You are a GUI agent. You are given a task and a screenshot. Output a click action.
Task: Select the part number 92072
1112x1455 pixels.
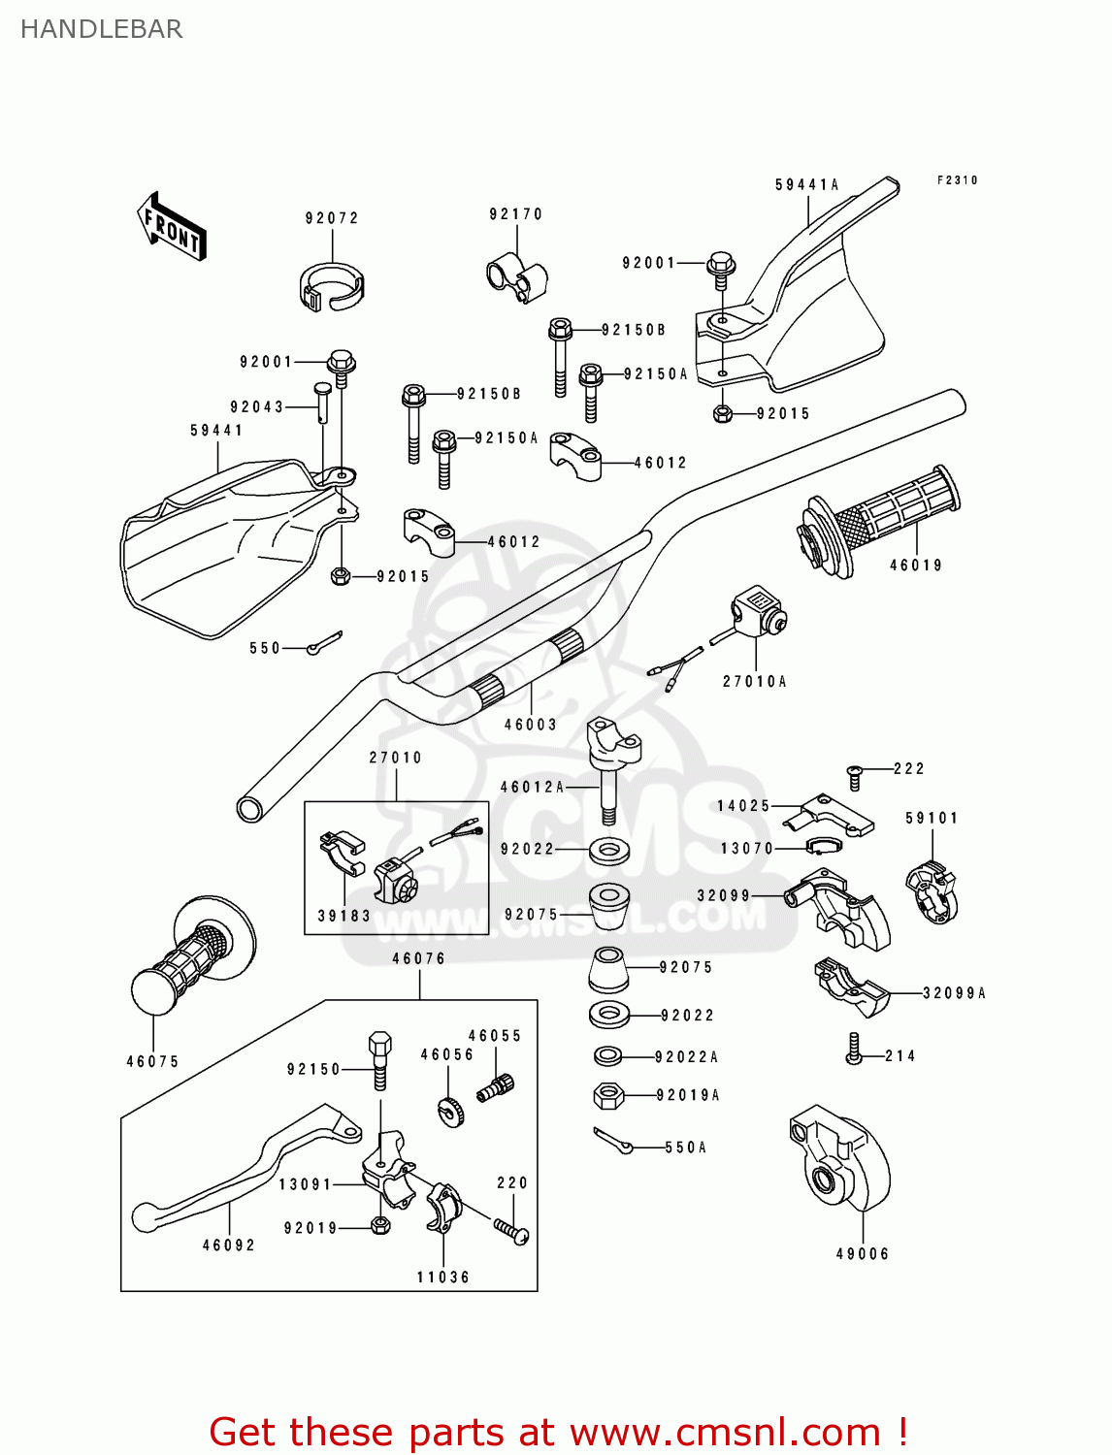pyautogui.click(x=332, y=218)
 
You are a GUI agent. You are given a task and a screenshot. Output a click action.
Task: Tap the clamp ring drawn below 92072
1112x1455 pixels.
pyautogui.click(x=331, y=287)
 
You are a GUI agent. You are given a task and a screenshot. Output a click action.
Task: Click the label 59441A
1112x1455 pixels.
pyautogui.click(x=806, y=185)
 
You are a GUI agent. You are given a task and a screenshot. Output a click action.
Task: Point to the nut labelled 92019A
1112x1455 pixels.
pyautogui.click(x=607, y=1096)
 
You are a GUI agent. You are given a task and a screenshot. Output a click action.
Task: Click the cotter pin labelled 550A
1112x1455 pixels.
pyautogui.click(x=612, y=1141)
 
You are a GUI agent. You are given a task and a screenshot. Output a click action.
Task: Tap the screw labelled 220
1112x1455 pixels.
pyautogui.click(x=511, y=1230)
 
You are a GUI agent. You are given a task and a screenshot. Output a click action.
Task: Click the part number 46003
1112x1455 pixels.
pyautogui.click(x=530, y=725)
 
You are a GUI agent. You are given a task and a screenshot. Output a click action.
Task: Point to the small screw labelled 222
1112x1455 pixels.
pyautogui.click(x=854, y=773)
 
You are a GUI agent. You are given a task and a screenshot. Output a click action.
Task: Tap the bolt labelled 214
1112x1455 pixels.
pyautogui.click(x=854, y=1050)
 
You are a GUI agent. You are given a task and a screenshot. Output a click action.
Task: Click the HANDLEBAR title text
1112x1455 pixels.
pyautogui.click(x=101, y=29)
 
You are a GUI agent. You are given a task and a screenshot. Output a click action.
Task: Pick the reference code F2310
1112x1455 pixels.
pyautogui.click(x=957, y=180)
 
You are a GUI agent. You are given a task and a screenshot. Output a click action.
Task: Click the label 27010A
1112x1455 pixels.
pyautogui.click(x=754, y=682)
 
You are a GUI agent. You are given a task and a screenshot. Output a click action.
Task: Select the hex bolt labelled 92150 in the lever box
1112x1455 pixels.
pyautogui.click(x=379, y=1059)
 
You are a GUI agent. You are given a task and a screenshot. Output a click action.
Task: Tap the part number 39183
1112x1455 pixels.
pyautogui.click(x=343, y=916)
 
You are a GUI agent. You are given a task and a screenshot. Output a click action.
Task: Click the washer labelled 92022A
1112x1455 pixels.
pyautogui.click(x=608, y=1055)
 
